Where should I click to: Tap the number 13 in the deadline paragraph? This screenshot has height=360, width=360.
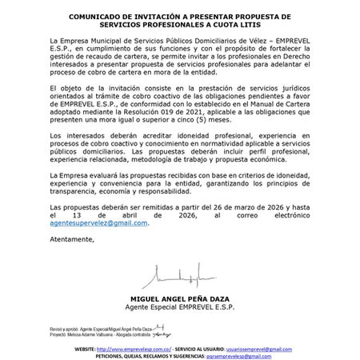(x=94, y=214)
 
